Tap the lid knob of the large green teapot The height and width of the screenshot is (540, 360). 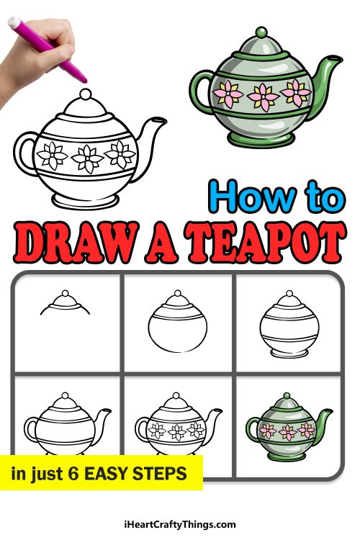[x=261, y=34]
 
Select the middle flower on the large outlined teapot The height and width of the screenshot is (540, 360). [x=89, y=156]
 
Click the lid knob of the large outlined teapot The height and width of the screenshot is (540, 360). [x=85, y=94]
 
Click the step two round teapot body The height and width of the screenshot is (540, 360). [x=176, y=328]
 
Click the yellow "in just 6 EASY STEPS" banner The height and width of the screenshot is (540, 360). [x=101, y=473]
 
